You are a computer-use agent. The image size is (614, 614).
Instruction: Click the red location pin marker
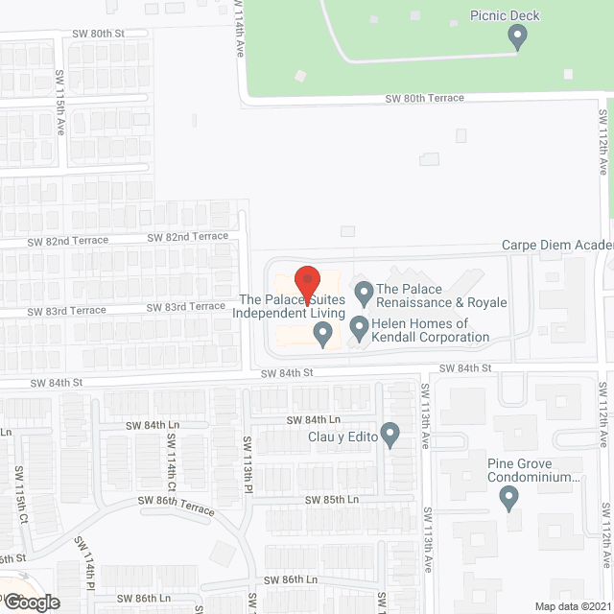pos(306,281)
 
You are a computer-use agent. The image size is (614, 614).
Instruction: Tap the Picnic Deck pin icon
pos(518,37)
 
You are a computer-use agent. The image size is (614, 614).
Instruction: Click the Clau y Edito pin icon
pos(390,434)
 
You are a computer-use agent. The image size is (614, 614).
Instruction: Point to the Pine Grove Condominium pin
pos(509,498)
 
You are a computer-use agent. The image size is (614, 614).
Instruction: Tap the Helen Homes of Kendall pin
pos(359,328)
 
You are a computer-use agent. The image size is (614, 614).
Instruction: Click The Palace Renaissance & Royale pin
pos(364,291)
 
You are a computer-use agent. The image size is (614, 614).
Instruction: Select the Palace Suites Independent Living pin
pos(323,333)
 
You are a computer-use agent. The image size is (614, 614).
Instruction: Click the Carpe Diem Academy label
pos(556,246)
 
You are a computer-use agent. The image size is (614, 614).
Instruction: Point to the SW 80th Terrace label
pos(424,98)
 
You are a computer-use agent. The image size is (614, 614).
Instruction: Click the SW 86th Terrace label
pos(177,506)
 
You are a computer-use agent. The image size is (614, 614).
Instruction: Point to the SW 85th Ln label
pos(332,500)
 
